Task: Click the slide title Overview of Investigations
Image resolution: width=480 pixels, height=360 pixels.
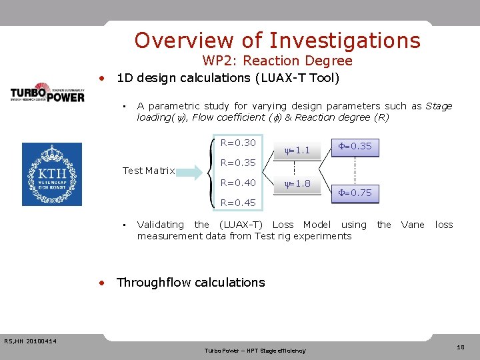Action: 277,41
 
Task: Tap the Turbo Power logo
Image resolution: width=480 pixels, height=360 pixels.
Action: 47,93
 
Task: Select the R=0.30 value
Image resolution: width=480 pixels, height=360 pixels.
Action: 238,143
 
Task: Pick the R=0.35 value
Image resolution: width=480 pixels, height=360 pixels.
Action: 238,163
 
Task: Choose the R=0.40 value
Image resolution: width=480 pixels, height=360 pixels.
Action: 238,183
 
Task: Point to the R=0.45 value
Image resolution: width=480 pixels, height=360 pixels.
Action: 238,203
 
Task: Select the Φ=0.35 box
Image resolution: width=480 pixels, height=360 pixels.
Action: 355,147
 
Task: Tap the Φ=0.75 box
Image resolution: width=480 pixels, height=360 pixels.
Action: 355,193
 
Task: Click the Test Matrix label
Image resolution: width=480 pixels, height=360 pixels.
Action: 149,171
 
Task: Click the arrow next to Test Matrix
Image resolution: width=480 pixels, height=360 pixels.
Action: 190,171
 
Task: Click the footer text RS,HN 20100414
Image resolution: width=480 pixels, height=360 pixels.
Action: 30,342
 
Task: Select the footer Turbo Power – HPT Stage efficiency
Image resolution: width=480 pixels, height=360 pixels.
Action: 255,351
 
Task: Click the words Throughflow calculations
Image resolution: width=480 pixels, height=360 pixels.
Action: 191,283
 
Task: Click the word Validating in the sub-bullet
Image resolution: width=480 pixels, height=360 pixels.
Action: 160,225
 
